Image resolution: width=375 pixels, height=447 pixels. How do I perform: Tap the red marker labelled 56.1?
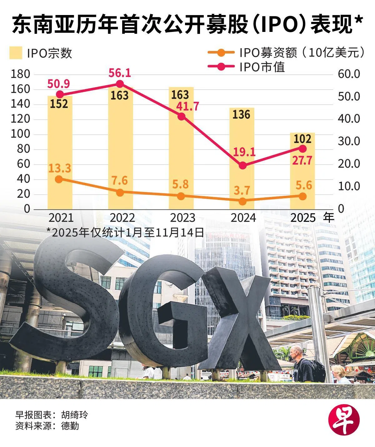(x=120, y=84)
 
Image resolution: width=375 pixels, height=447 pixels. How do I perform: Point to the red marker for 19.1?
(x=242, y=165)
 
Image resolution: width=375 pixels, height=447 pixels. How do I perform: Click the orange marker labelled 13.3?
(x=59, y=179)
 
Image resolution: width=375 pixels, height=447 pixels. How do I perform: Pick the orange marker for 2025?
(x=302, y=196)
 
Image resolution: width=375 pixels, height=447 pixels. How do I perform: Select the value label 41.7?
(x=187, y=106)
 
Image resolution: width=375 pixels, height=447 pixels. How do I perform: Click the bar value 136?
(x=241, y=114)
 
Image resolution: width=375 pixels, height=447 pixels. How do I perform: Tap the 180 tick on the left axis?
(x=20, y=74)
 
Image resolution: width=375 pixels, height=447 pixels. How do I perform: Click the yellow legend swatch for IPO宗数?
(x=16, y=53)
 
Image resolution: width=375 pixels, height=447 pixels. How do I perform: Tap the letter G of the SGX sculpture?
(x=166, y=310)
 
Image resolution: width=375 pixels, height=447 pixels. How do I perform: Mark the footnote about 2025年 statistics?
(x=125, y=232)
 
